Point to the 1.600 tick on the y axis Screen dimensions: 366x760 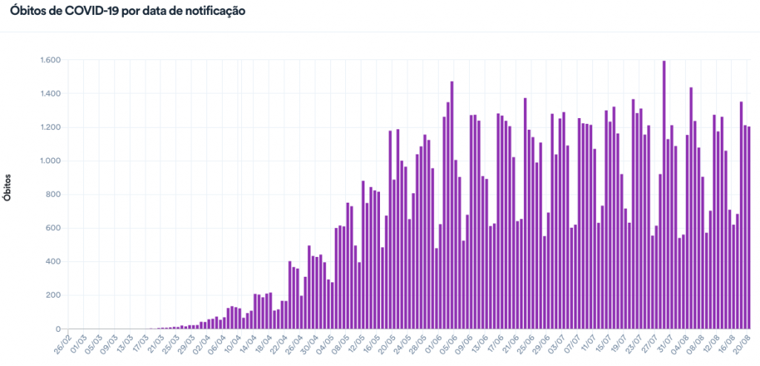coord(50,60)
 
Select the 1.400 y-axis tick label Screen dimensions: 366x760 coord(50,94)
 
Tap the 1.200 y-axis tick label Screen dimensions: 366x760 coord(50,128)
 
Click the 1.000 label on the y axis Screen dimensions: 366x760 coord(50,161)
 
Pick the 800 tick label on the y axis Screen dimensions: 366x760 coord(53,195)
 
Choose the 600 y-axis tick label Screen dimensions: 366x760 coord(53,228)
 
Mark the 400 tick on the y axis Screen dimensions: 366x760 coord(53,262)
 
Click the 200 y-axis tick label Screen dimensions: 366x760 coord(53,295)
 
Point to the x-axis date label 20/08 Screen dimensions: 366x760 coord(741,346)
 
